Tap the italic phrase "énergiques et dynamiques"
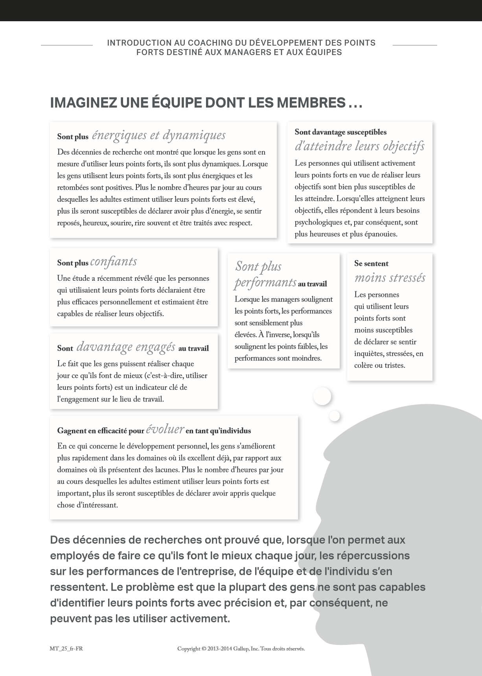[x=158, y=135]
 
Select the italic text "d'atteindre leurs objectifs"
[x=359, y=146]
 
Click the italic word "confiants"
[x=114, y=262]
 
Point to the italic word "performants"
[x=265, y=282]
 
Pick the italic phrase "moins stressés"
[x=390, y=278]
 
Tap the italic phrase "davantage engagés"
[x=126, y=347]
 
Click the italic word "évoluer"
[x=165, y=429]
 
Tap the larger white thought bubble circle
[x=322, y=396]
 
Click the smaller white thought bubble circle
[x=335, y=416]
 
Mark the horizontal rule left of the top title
[x=67, y=45]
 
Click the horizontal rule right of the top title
[x=415, y=45]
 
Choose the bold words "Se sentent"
[x=371, y=263]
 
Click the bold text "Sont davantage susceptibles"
[x=340, y=132]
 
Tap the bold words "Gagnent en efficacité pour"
[x=101, y=431]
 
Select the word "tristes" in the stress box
[x=394, y=365]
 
